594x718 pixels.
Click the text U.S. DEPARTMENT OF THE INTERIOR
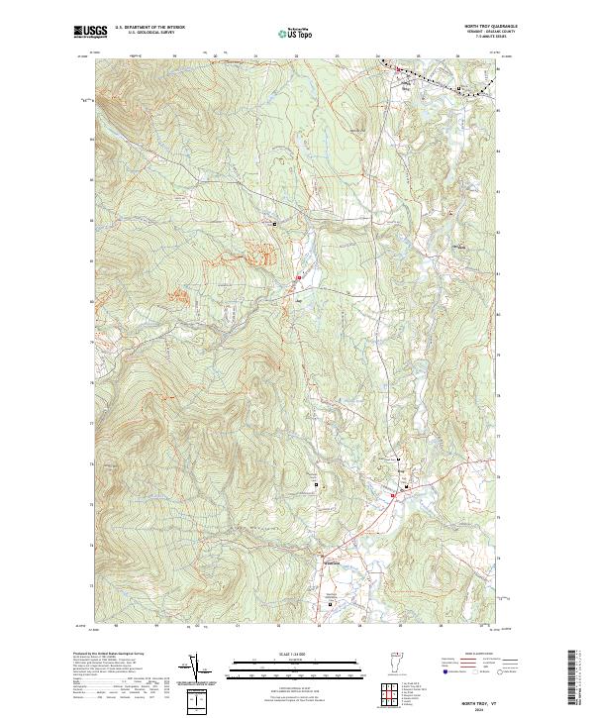[x=149, y=29]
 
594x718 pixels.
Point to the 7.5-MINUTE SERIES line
[x=498, y=40]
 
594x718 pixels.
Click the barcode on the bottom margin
[x=573, y=677]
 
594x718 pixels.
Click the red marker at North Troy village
[x=398, y=69]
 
